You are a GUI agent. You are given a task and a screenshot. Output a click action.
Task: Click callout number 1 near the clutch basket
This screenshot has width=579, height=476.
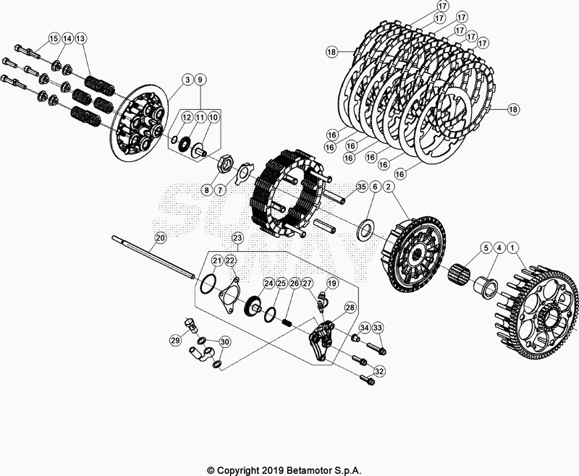point(513,247)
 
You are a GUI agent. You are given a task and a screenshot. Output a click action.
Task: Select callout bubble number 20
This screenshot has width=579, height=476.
point(161,237)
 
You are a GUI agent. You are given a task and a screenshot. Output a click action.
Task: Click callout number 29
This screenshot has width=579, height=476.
point(175,340)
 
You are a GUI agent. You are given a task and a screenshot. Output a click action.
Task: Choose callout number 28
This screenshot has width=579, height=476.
point(350,308)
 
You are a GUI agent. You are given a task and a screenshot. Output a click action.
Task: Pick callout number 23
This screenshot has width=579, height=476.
point(237,237)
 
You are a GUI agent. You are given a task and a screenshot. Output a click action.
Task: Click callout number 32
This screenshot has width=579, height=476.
point(379,370)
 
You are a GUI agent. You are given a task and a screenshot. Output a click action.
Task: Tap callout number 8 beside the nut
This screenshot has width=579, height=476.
point(206,191)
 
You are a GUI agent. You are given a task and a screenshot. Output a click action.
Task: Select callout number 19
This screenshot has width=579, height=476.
point(333,284)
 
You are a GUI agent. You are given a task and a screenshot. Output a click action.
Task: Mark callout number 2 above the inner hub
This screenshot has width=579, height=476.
point(389,187)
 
